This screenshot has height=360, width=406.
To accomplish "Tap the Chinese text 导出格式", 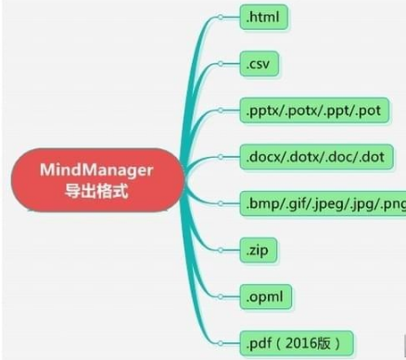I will click(109, 195).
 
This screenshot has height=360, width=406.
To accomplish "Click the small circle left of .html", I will click(220, 17).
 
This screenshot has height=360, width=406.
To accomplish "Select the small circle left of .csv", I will click(220, 65).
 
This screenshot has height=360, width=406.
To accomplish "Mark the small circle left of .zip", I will click(220, 250).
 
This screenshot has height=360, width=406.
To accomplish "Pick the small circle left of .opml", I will click(220, 296).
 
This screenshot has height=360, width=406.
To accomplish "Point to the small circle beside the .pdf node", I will click(220, 342).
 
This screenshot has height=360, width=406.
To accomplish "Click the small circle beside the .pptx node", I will click(220, 111).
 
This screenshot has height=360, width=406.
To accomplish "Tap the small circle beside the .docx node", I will click(220, 157).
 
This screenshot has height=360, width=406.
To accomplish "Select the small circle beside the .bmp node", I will click(220, 203).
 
